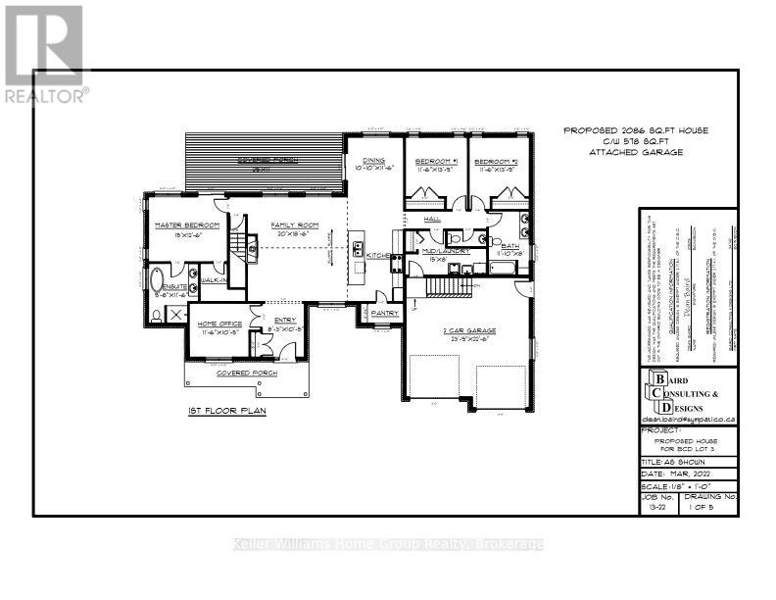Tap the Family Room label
[x=293, y=225]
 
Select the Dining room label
[x=373, y=161]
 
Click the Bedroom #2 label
[x=495, y=161]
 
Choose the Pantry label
[x=383, y=313]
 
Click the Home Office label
[x=218, y=325]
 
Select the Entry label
[x=284, y=319]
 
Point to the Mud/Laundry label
[x=446, y=251]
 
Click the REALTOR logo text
[x=46, y=96]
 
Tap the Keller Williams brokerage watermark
[x=387, y=544]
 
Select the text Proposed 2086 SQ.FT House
[x=635, y=130]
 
